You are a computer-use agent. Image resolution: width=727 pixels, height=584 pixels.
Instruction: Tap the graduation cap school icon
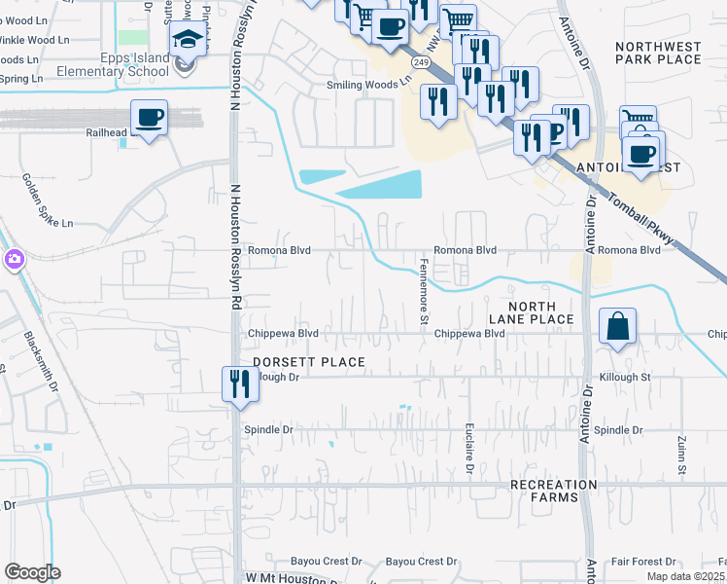(x=188, y=40)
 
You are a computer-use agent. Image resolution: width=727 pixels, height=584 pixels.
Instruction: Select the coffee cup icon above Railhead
(x=149, y=119)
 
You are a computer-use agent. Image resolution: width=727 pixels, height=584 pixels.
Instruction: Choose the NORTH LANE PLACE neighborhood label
(x=531, y=311)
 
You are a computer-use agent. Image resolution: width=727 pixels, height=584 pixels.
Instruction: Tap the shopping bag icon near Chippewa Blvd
(x=618, y=328)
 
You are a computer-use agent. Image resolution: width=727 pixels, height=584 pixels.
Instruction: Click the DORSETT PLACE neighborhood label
(x=308, y=362)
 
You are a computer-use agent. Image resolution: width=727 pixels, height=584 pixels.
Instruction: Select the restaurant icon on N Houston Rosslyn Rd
(x=236, y=383)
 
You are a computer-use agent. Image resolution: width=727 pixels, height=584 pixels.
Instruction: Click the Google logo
(x=32, y=572)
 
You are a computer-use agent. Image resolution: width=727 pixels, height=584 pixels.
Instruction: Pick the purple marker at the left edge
(x=13, y=259)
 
